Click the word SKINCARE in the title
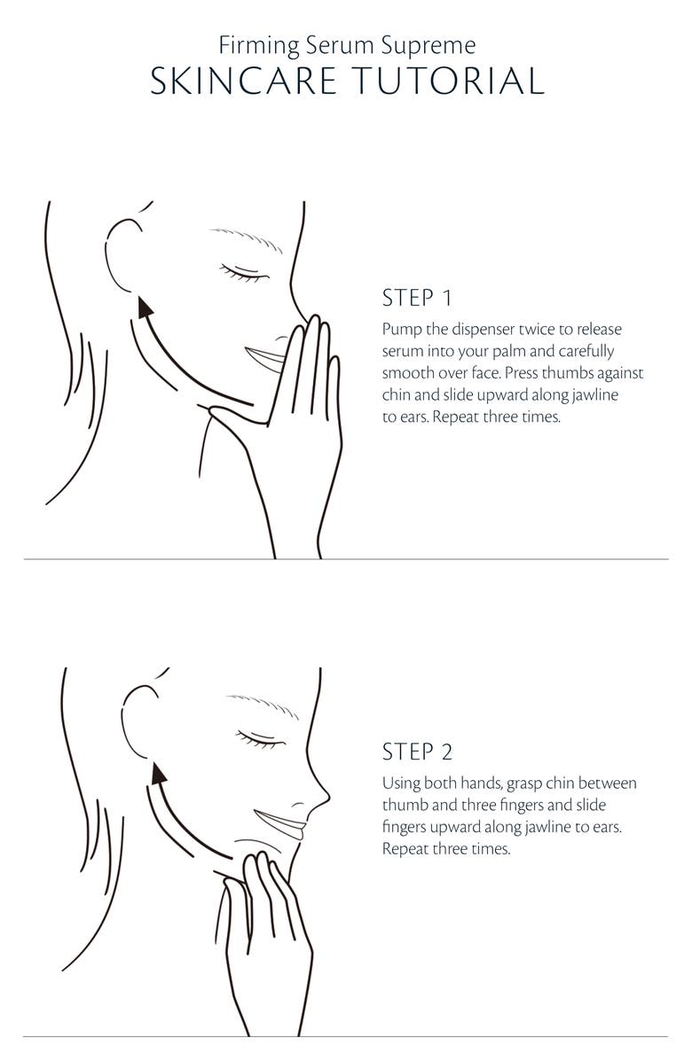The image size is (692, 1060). [243, 81]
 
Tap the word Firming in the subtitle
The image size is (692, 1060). [259, 47]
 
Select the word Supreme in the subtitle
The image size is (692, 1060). [429, 47]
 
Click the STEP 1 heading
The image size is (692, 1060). [417, 298]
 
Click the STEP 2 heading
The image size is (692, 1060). [417, 752]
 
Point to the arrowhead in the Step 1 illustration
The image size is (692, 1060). [144, 308]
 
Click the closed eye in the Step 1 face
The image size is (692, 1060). [243, 272]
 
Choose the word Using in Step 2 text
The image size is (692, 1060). [401, 784]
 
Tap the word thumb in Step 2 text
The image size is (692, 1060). [405, 805]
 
